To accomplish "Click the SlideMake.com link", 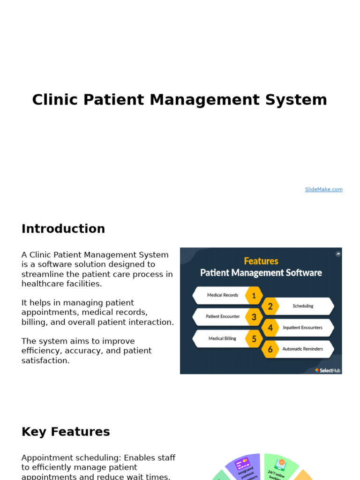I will (x=323, y=189).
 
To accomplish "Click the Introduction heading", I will (x=63, y=229).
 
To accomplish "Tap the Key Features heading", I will (x=66, y=432).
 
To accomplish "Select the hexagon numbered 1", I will (x=254, y=295).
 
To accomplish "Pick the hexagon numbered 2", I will (x=270, y=306).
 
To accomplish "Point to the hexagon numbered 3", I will (x=254, y=317).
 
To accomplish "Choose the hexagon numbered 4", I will (x=270, y=328).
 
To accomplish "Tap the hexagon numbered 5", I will (x=254, y=338).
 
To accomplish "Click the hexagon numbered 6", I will (x=270, y=349).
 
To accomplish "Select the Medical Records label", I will (x=223, y=295).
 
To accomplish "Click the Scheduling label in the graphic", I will (x=303, y=306).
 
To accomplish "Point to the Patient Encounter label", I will (x=223, y=317).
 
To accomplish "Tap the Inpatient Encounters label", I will (x=302, y=328).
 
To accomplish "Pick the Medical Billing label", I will (x=222, y=338).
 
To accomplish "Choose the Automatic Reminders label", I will (x=302, y=349).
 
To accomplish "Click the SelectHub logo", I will (x=328, y=370).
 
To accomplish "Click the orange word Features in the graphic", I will (x=261, y=261).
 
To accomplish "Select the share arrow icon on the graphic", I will (x=338, y=254).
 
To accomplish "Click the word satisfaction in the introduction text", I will (x=45, y=360).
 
